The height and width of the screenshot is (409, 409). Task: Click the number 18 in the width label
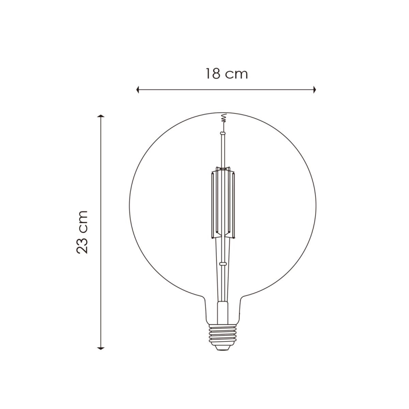[x=213, y=74]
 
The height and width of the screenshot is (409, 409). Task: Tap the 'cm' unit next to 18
[x=237, y=74]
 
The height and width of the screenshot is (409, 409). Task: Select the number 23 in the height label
[x=82, y=245]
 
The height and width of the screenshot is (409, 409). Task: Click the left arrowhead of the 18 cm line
[x=138, y=90]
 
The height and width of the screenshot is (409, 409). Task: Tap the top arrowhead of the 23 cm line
[x=101, y=116]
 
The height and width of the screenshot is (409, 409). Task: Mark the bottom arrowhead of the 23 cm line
[x=101, y=348]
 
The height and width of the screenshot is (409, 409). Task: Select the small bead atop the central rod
[x=222, y=133]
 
